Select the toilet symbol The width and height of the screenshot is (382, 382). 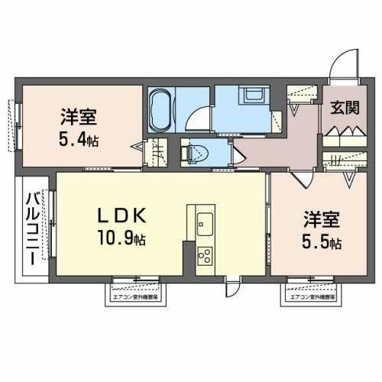193,153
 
